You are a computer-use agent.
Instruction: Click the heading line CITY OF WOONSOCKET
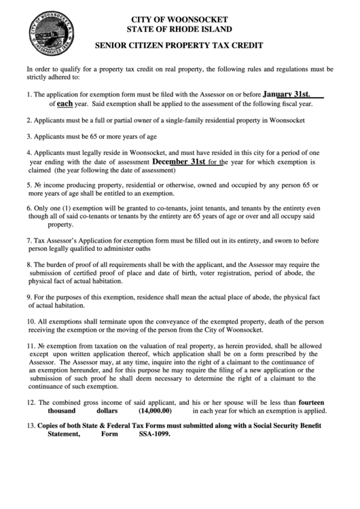click(179, 19)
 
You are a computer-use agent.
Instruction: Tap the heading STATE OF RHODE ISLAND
click(179, 29)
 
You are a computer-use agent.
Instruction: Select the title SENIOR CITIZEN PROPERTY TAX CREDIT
click(179, 48)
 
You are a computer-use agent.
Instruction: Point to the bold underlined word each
click(65, 105)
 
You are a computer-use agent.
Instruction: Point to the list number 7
click(29, 241)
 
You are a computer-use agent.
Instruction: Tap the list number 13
click(31, 426)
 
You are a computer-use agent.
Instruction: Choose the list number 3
click(29, 135)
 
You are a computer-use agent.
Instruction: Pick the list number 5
click(29, 184)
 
